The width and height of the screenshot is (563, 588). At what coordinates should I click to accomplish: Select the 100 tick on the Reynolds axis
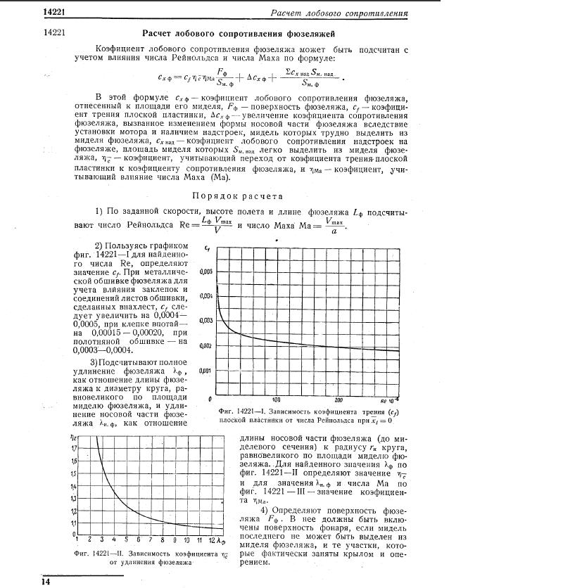coord(277,400)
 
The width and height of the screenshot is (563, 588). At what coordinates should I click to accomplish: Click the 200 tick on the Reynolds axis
coord(338,400)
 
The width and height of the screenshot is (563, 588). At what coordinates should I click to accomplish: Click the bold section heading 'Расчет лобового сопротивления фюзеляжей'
coord(239,33)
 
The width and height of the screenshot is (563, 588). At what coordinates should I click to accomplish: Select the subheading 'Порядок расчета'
coord(238,196)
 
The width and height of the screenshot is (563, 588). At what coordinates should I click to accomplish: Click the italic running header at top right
coord(339,13)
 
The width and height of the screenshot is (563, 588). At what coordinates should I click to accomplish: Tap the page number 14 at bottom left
coord(46,582)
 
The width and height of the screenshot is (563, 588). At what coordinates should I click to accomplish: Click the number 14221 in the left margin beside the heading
coord(54,33)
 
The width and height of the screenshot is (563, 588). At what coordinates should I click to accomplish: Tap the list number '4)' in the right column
coord(266,510)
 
